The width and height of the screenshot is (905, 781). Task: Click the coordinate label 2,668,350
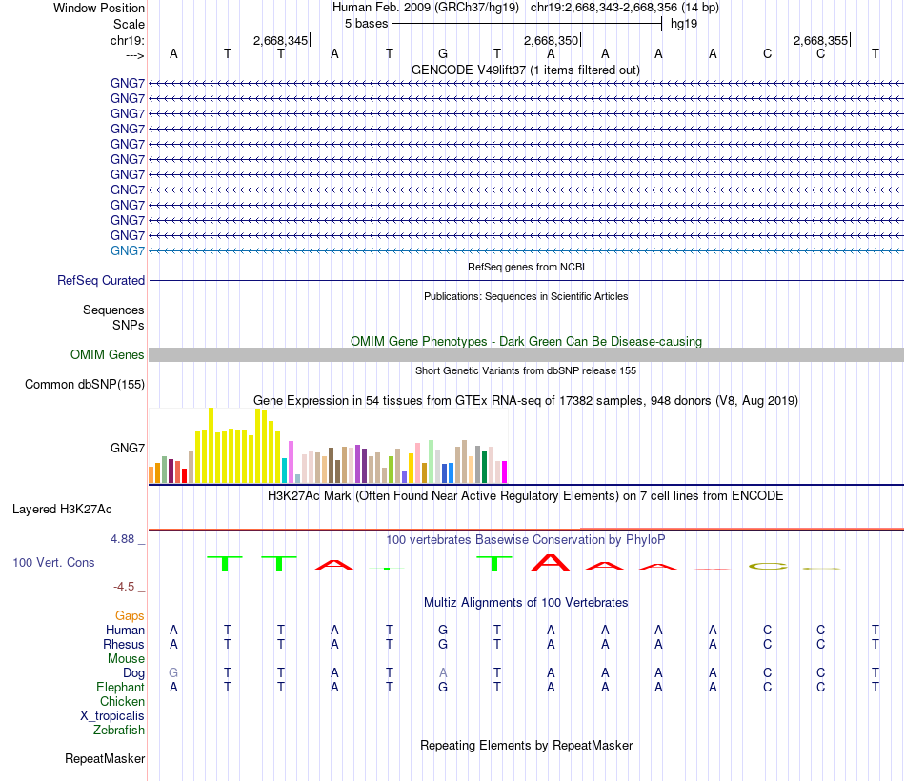[551, 41]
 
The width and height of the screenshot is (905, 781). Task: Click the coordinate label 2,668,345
[280, 41]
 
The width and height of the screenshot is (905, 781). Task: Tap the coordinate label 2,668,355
[820, 41]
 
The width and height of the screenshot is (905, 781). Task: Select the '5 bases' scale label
[366, 23]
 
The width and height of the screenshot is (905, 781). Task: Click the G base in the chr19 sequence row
[443, 54]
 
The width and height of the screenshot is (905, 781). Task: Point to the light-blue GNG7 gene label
[128, 250]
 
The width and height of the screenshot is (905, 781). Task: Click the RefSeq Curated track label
[101, 281]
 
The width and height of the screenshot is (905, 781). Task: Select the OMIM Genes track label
[108, 355]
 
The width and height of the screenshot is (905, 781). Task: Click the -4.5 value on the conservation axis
[128, 587]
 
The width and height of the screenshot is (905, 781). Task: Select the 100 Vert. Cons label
[53, 563]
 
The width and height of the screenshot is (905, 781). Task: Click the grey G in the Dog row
[173, 673]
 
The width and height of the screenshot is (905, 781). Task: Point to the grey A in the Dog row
[443, 673]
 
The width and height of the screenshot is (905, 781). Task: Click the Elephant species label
[120, 688]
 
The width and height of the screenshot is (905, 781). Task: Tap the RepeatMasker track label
[105, 759]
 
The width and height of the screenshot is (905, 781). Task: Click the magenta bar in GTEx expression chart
[504, 471]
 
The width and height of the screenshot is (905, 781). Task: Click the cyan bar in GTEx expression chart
[284, 471]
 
